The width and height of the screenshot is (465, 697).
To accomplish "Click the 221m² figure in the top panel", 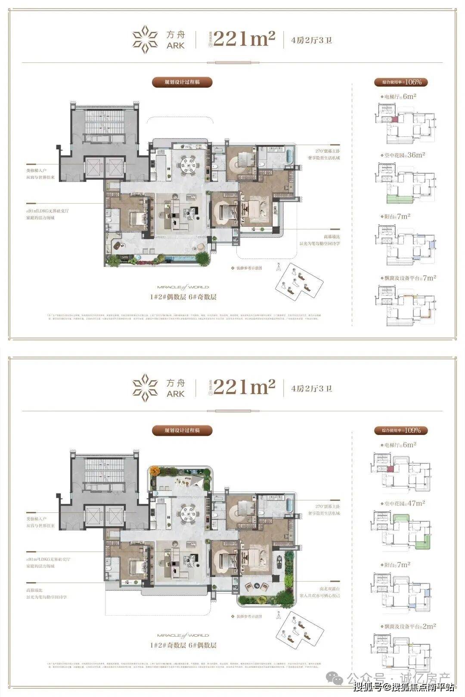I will (244, 39).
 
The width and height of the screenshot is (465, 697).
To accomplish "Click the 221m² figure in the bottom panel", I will (244, 387).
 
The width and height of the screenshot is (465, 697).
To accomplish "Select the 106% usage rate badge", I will (398, 82).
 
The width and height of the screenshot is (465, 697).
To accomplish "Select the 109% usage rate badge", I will (398, 430).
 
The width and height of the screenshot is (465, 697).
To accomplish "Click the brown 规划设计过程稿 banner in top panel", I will (182, 82).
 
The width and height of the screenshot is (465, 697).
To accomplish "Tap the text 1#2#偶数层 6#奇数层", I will (183, 297).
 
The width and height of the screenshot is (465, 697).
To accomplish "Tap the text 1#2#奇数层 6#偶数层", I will (183, 645).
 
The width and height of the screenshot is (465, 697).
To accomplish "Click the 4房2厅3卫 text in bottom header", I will (311, 389).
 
